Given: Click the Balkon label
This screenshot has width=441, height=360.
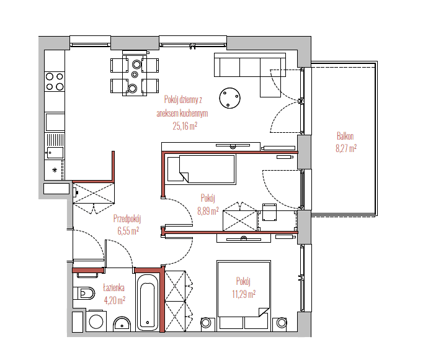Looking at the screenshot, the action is [345, 136].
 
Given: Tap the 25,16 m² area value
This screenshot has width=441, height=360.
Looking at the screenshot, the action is [185, 126].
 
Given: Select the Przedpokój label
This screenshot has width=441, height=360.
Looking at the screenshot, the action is [127, 218].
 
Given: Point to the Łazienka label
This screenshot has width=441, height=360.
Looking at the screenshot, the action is [114, 288].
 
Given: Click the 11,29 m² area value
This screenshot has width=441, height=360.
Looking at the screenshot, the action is [244, 294].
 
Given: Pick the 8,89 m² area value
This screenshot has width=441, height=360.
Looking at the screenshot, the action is [208, 211].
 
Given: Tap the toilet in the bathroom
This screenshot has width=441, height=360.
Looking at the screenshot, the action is [84, 294].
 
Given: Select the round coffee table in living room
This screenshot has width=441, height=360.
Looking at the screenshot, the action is [229, 98].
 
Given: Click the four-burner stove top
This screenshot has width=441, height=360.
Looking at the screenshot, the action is [55, 81].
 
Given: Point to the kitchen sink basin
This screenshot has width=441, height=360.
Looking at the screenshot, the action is [55, 153].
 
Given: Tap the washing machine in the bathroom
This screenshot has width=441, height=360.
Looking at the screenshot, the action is [96, 321].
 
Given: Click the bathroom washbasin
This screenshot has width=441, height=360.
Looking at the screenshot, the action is [122, 325].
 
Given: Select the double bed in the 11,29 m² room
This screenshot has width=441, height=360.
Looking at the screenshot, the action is [244, 295].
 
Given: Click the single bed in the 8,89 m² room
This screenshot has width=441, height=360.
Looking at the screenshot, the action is [202, 168].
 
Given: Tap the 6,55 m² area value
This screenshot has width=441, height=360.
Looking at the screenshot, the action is [128, 231].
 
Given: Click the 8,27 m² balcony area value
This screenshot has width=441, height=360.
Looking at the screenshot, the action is [346, 148].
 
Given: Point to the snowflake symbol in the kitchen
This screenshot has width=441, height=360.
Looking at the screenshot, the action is [55, 169].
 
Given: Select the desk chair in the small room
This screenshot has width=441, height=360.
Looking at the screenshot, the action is [269, 212].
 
